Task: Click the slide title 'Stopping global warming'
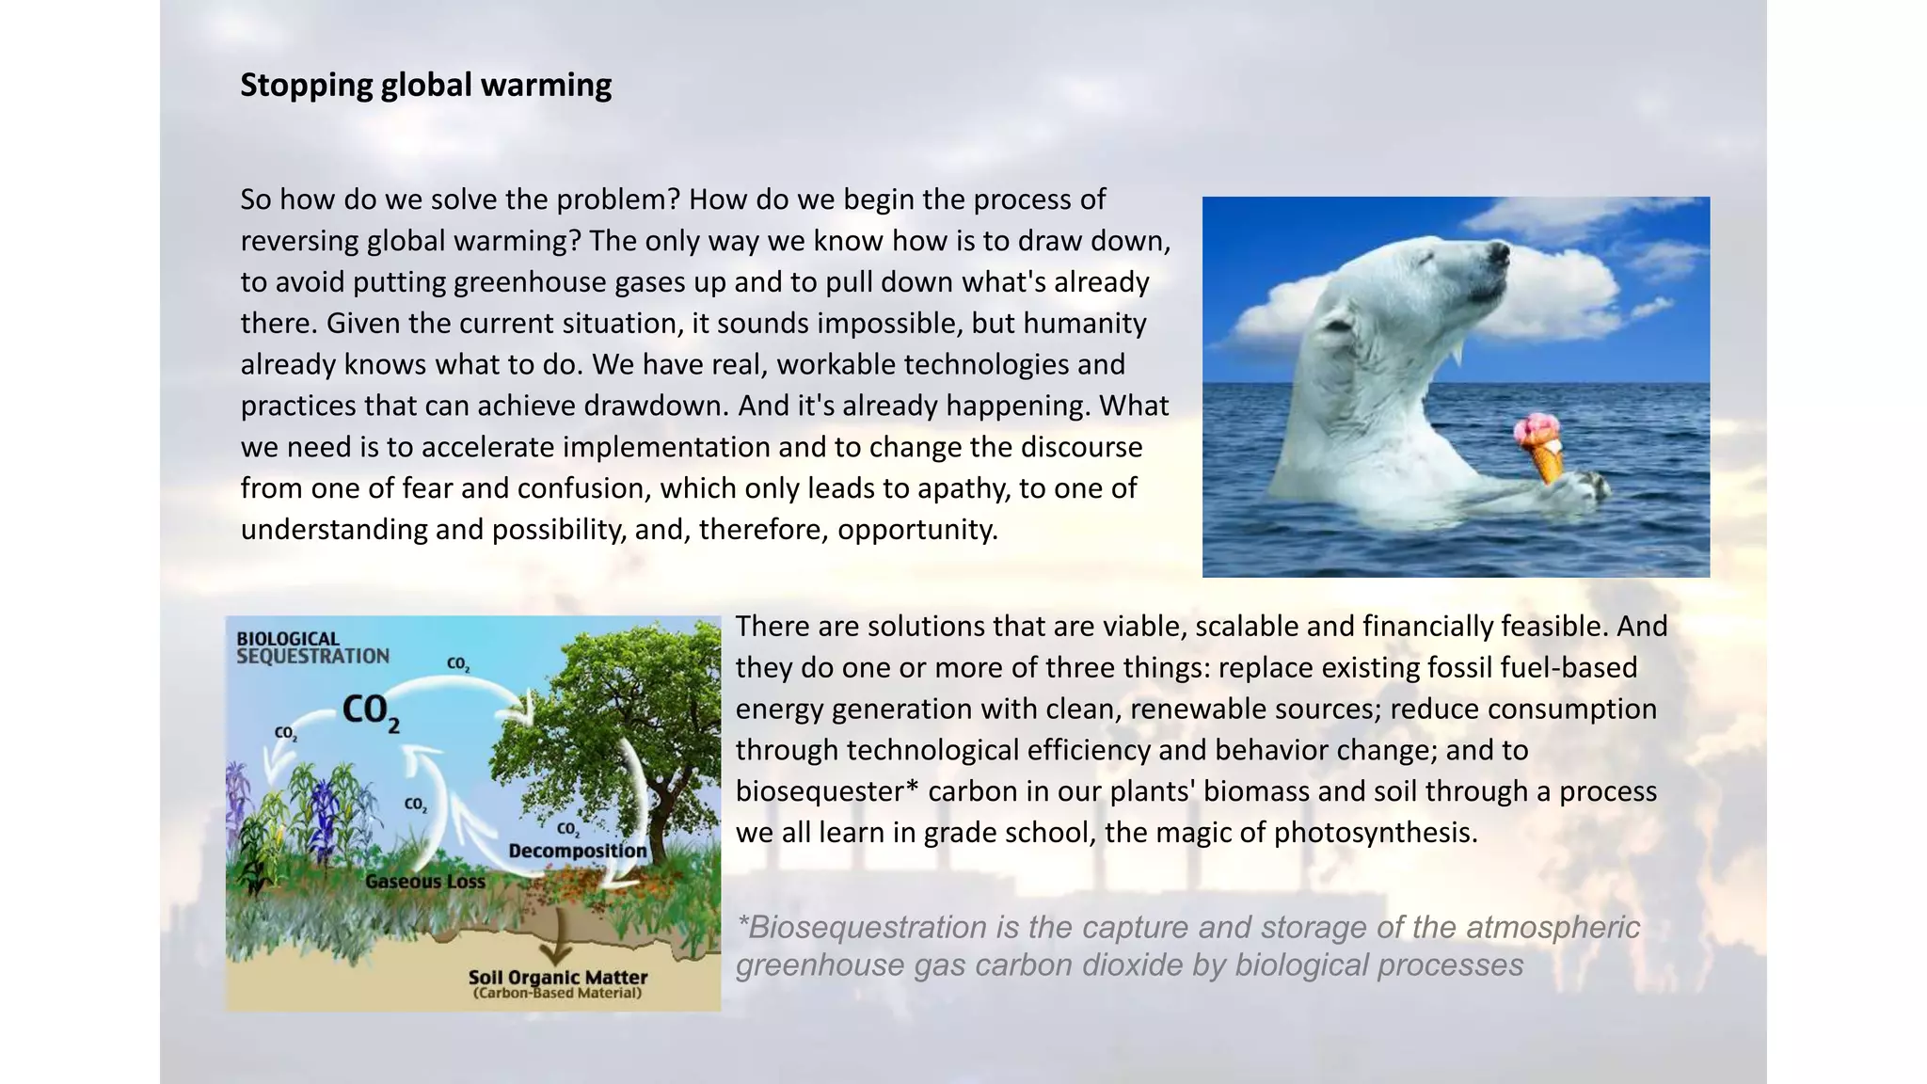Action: [425, 86]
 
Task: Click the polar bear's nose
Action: [1499, 251]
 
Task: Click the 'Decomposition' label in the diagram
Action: [578, 851]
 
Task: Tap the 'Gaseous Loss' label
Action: [425, 882]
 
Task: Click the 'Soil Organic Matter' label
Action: [558, 977]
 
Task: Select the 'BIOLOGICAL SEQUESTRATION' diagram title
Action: [311, 647]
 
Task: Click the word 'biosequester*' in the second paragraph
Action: [826, 791]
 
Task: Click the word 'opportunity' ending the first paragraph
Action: [916, 530]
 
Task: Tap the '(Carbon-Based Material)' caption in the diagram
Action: [558, 994]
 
